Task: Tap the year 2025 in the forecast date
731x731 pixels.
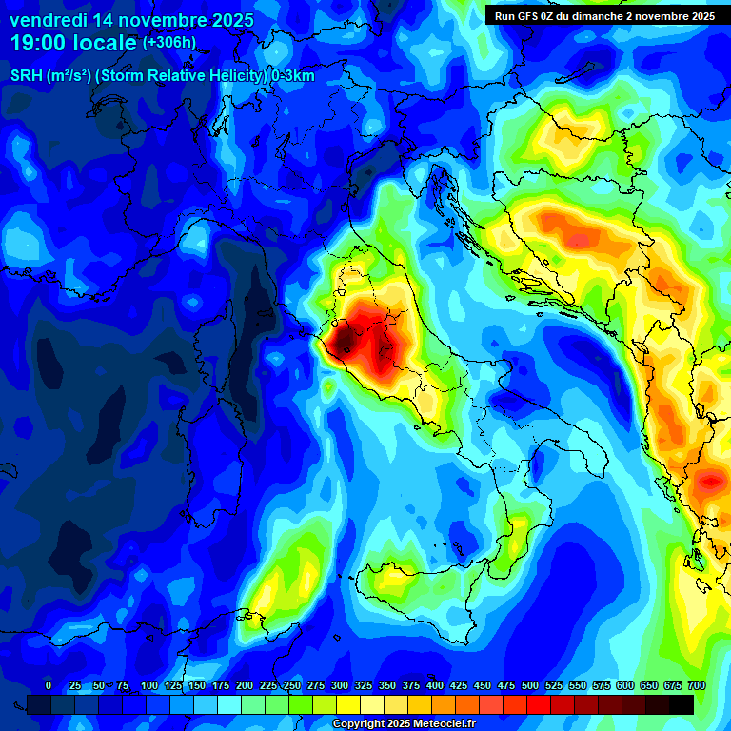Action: pyautogui.click(x=227, y=20)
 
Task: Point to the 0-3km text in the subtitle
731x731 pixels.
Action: pyautogui.click(x=293, y=76)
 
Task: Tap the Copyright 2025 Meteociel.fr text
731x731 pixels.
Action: pyautogui.click(x=404, y=724)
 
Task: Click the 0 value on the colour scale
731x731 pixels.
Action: pyautogui.click(x=49, y=685)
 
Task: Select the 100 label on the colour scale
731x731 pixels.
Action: pyautogui.click(x=149, y=685)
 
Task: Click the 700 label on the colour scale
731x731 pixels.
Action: pyautogui.click(x=697, y=685)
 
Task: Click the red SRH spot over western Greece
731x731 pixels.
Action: pyautogui.click(x=709, y=483)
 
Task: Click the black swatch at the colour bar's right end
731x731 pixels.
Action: pyautogui.click(x=681, y=704)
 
